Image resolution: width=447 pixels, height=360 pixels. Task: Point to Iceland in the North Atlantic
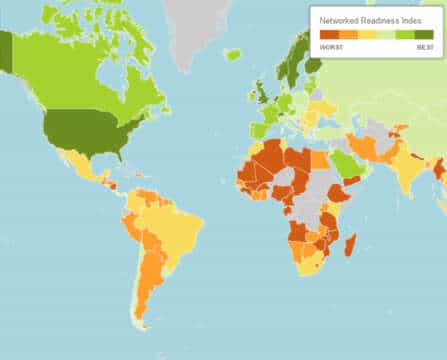click(x=233, y=54)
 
